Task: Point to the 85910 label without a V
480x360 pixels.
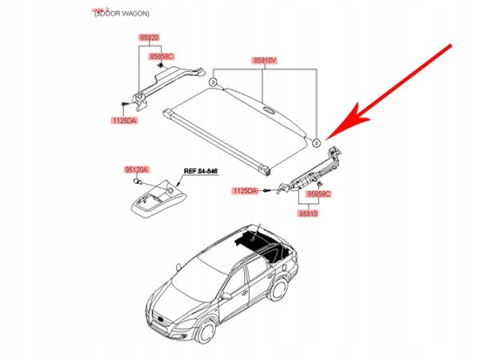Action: click(x=310, y=215)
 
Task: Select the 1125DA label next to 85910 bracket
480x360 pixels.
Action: click(x=246, y=190)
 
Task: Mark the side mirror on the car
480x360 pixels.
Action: click(x=226, y=295)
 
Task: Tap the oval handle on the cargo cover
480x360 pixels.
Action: click(x=266, y=111)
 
